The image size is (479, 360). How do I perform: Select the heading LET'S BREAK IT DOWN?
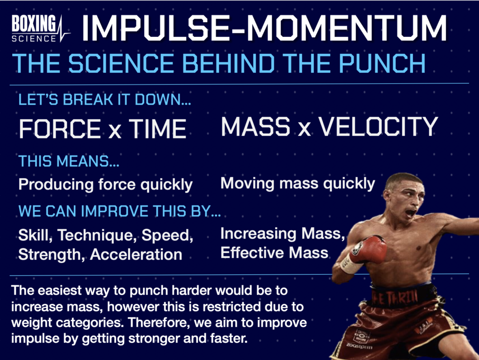coord(106,100)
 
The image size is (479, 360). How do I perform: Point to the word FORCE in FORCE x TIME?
coord(59,129)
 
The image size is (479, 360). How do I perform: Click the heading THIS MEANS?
coord(69,162)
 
